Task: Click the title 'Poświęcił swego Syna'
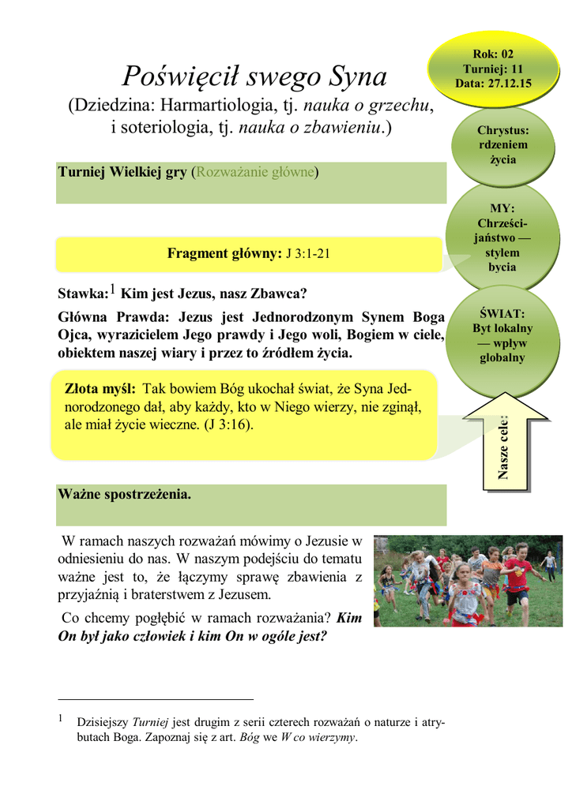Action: pos(254,77)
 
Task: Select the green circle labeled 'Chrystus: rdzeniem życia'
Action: pos(502,145)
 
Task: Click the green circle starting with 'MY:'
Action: pos(502,238)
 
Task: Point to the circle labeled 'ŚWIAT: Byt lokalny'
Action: pos(502,335)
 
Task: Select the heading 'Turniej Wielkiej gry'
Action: pos(122,173)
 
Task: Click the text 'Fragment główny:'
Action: pos(224,253)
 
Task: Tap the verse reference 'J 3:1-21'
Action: pos(307,253)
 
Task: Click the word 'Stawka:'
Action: pos(82,294)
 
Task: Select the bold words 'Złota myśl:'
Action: pos(100,389)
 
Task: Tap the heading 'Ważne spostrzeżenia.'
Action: pos(125,495)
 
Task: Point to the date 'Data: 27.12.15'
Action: pos(492,83)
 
